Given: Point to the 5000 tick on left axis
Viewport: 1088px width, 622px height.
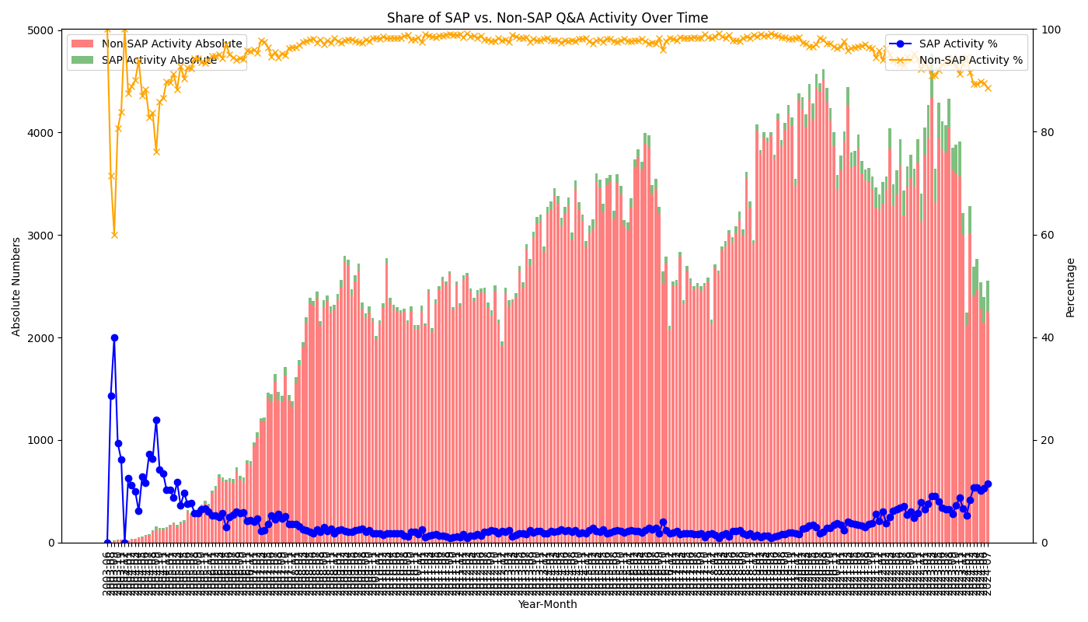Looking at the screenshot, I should click(x=51, y=30).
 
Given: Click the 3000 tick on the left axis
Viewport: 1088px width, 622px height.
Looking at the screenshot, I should click(x=51, y=235).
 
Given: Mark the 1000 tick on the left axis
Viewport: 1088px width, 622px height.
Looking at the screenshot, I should click(x=51, y=440).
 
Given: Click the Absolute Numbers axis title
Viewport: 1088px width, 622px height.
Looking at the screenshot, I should click(x=17, y=286).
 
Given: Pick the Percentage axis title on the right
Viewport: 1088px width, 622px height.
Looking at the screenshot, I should click(x=1071, y=287).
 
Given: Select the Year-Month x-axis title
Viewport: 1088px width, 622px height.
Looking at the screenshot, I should click(x=547, y=605).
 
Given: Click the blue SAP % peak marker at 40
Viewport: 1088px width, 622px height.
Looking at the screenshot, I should click(x=114, y=337).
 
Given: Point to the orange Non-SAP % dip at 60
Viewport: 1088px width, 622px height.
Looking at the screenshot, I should click(x=114, y=235).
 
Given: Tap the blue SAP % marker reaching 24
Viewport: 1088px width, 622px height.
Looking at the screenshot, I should click(x=156, y=420).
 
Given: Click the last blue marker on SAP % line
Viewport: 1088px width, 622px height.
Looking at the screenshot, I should click(x=988, y=484).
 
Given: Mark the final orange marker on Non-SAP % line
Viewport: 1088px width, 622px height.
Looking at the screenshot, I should click(x=988, y=88).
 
